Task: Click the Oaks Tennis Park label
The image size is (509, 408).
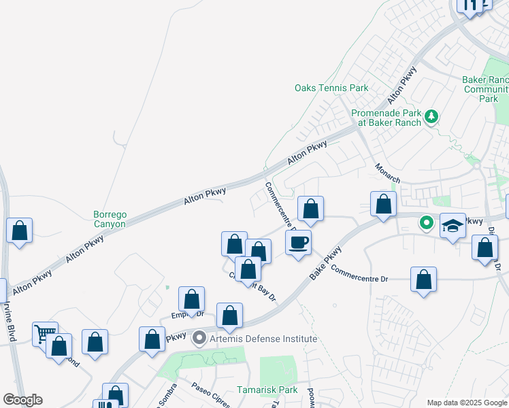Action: tap(331, 88)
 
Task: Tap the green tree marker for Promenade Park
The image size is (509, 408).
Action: tap(430, 117)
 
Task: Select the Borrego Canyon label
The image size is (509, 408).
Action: tap(110, 219)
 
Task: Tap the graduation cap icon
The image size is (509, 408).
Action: tap(452, 226)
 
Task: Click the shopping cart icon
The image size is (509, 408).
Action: tap(45, 333)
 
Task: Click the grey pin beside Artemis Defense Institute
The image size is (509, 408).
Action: tap(199, 337)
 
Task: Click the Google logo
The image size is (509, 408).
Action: tap(22, 400)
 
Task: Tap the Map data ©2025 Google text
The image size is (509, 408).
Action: tap(467, 403)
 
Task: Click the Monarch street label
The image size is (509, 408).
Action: tap(387, 172)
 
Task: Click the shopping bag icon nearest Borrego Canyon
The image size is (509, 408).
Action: tap(20, 231)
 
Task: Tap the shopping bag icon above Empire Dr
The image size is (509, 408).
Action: tap(192, 299)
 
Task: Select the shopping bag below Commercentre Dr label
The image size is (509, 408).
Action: tap(423, 279)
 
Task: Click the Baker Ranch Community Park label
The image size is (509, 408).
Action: tap(485, 89)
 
